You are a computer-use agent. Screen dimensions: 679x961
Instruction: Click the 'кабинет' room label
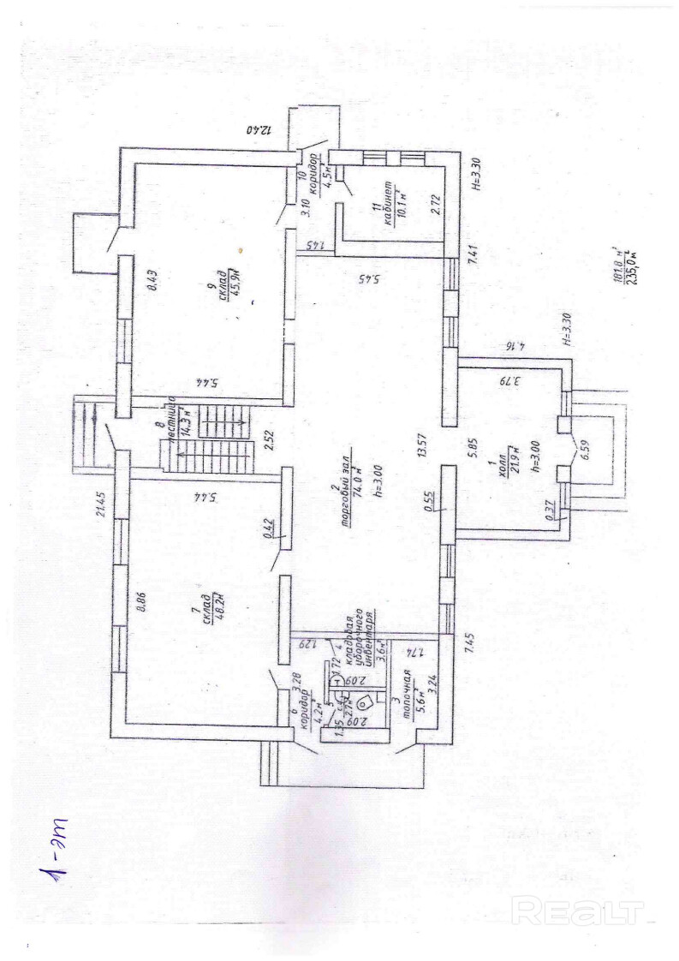(389, 204)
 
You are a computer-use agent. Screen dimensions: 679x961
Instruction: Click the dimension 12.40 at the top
(258, 131)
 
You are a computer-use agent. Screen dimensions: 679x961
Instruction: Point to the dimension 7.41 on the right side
(469, 254)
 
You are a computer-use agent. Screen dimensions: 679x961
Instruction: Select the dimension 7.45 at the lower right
(468, 642)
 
